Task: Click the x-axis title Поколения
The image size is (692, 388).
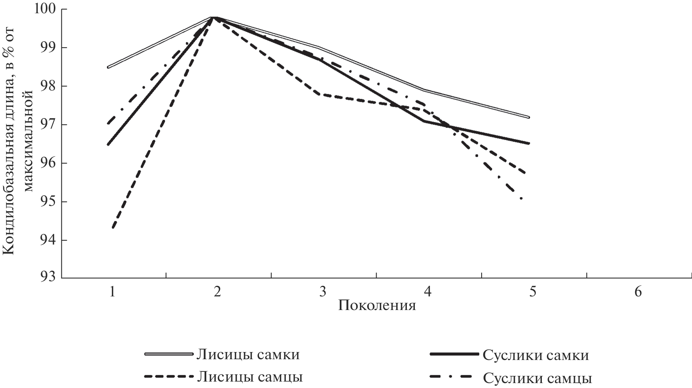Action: tap(377, 305)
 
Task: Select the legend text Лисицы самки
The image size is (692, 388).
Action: tap(248, 355)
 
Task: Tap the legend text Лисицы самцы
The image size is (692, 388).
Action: tap(249, 377)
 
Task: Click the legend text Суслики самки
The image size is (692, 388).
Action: tap(536, 355)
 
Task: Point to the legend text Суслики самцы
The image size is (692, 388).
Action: tap(537, 377)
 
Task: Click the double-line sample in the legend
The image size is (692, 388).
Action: tap(169, 354)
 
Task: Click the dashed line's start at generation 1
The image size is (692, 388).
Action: tap(113, 228)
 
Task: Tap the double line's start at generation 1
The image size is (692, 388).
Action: tap(108, 67)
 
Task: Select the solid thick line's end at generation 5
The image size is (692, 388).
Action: tap(529, 143)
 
